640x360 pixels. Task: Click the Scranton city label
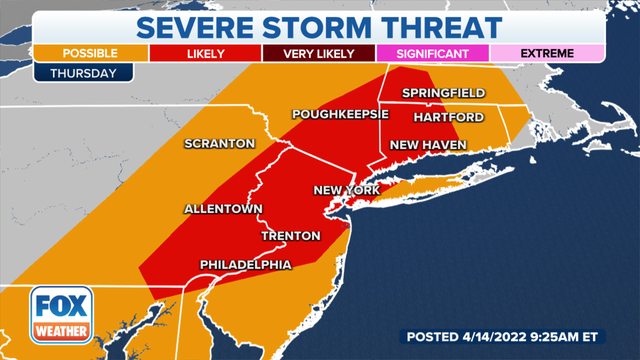coord(219,144)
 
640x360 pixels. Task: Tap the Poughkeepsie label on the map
coord(340,115)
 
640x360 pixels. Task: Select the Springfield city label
coord(443,93)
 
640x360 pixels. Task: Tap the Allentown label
coord(222,209)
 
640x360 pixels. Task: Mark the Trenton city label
coord(290,236)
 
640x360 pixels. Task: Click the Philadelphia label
coord(246,264)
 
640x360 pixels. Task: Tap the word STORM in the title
coord(324,21)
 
